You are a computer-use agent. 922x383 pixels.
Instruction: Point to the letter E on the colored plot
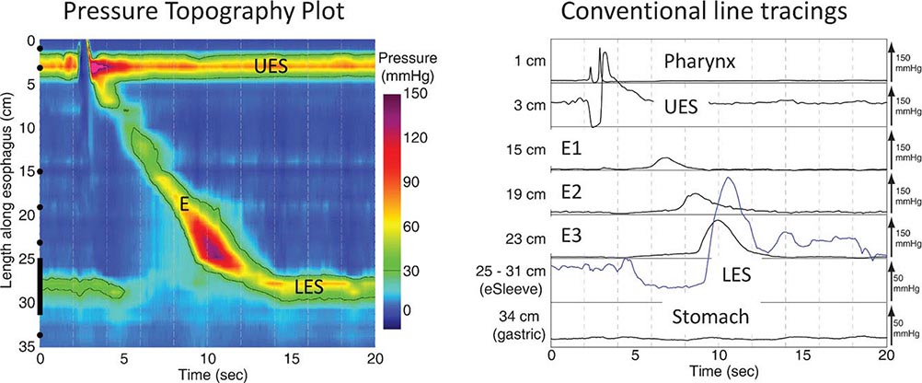185,208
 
